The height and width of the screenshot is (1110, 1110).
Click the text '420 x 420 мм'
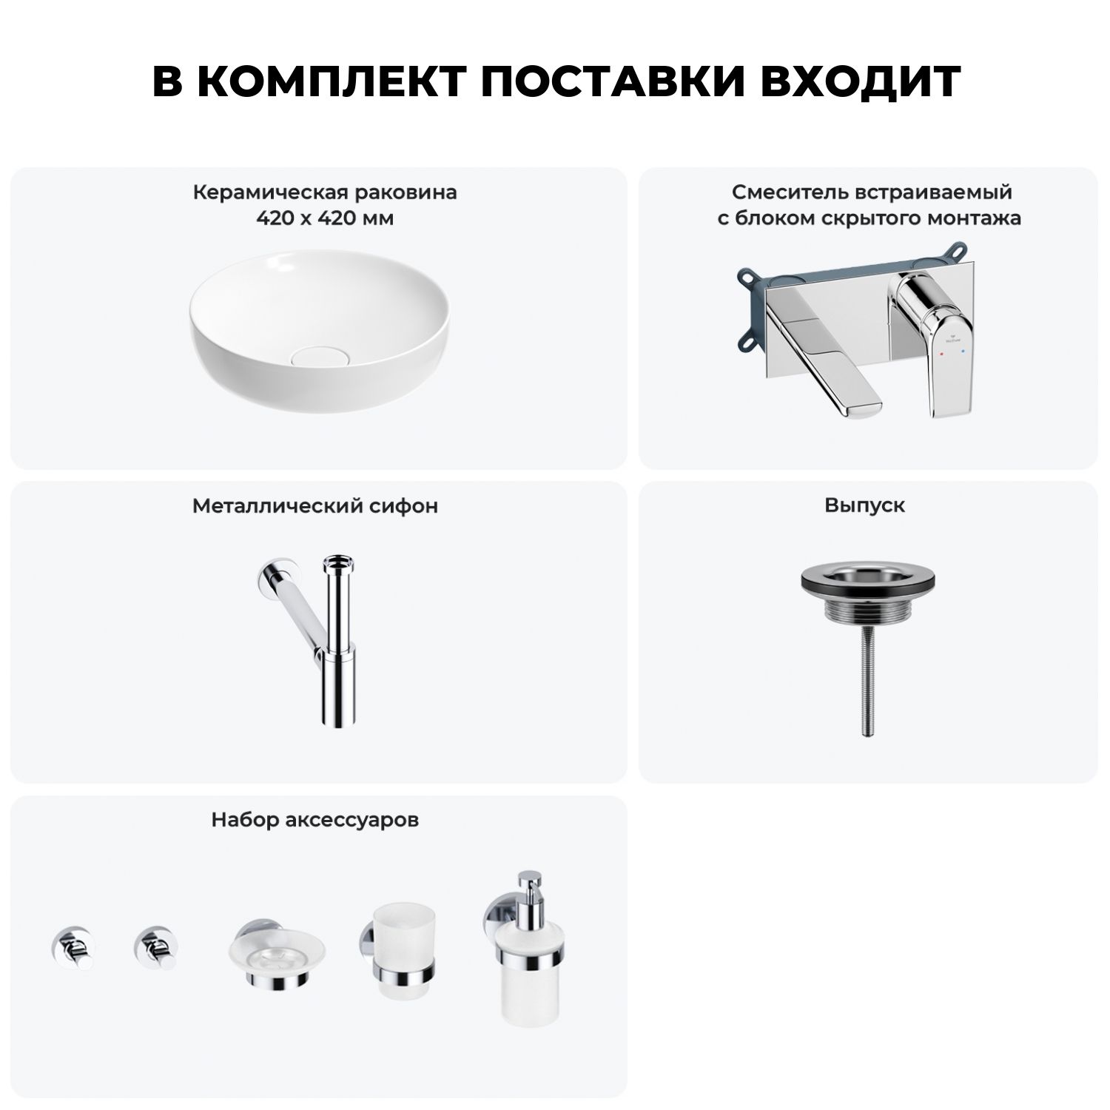pyautogui.click(x=325, y=218)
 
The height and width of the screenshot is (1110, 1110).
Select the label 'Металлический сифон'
pyautogui.click(x=315, y=506)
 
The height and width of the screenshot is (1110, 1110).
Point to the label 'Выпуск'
pyautogui.click(x=865, y=505)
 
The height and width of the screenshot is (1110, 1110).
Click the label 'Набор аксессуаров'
pyautogui.click(x=315, y=820)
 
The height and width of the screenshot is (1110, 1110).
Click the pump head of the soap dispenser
pyautogui.click(x=529, y=888)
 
